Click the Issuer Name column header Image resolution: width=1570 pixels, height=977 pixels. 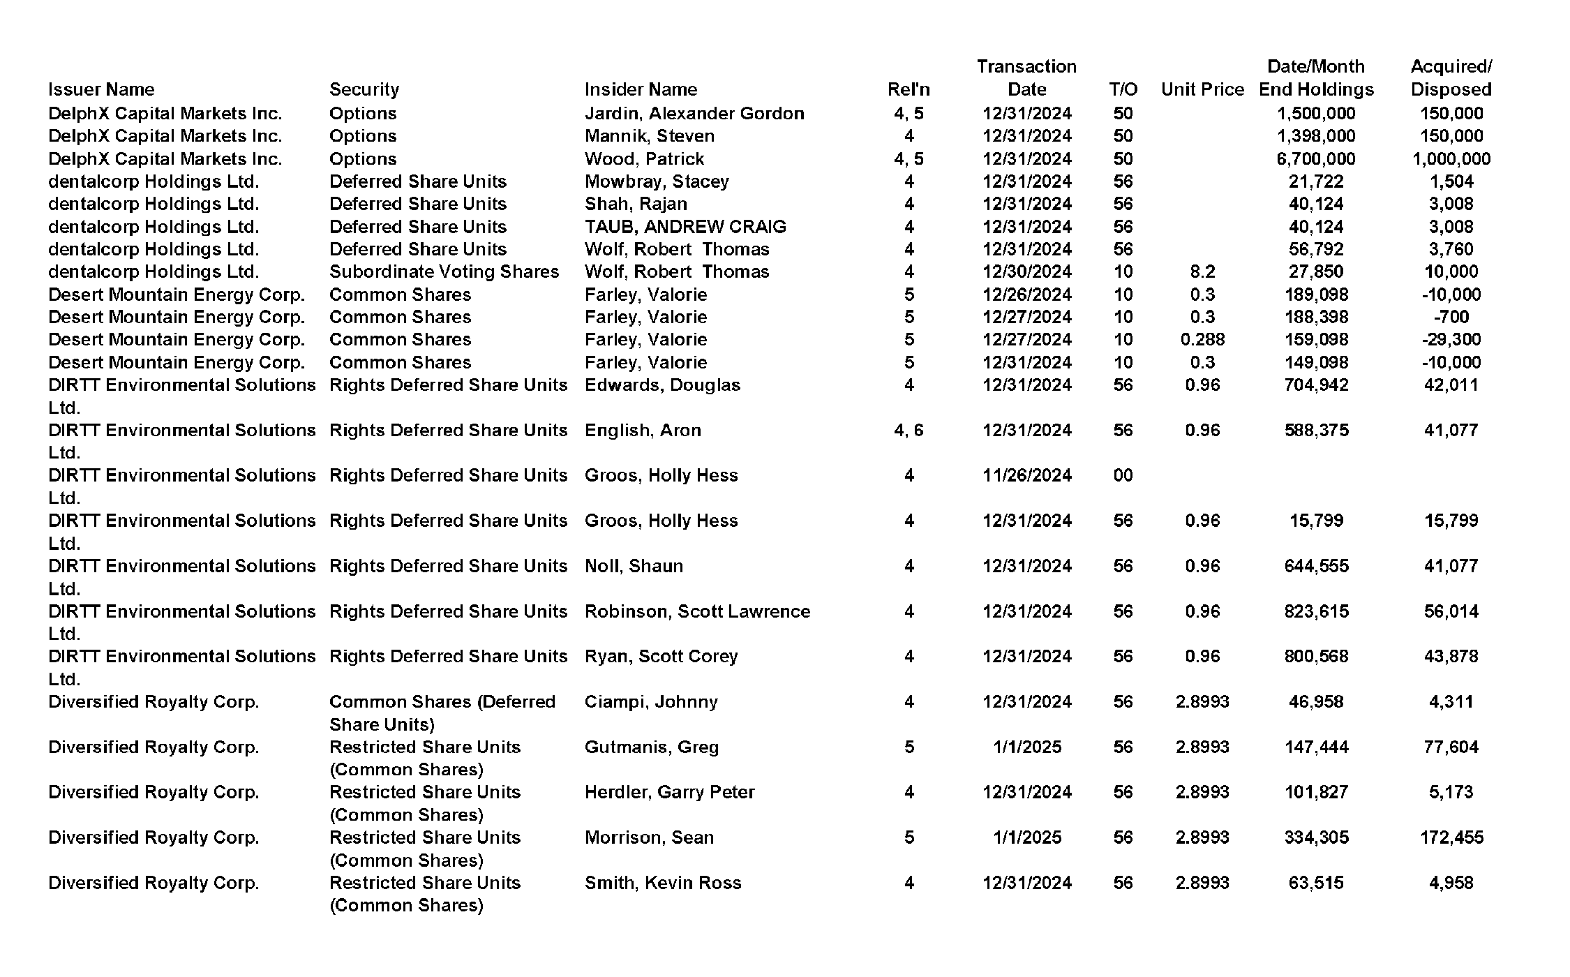tap(101, 89)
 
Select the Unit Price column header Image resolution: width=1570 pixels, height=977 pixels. tap(1202, 89)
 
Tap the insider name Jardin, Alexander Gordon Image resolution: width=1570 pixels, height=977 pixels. tap(694, 113)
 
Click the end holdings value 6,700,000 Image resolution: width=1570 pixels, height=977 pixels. tap(1315, 158)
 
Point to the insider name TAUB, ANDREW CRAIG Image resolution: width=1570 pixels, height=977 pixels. tap(685, 227)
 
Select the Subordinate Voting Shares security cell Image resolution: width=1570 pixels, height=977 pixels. tap(444, 271)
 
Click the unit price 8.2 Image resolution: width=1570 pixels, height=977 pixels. tap(1202, 271)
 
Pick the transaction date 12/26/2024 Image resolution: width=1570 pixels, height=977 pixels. tap(1026, 294)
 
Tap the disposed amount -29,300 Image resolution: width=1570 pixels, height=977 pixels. tap(1451, 339)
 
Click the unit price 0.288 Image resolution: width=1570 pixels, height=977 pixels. tap(1202, 339)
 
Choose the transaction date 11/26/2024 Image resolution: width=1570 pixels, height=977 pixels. tap(1026, 475)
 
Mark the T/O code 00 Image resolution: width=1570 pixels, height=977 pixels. tap(1123, 475)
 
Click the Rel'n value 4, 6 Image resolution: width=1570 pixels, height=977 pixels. tap(909, 430)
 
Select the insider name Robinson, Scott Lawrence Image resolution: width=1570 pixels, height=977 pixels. tap(697, 611)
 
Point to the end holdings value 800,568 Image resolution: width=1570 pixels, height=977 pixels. tap(1316, 656)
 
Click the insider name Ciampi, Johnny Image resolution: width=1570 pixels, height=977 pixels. tap(651, 701)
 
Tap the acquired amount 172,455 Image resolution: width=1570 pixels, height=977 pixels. tap(1451, 837)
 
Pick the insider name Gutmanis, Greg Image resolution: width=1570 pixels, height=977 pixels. tap(651, 747)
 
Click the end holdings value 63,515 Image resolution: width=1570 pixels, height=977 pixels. tap(1316, 883)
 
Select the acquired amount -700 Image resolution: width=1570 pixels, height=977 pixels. tap(1451, 317)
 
